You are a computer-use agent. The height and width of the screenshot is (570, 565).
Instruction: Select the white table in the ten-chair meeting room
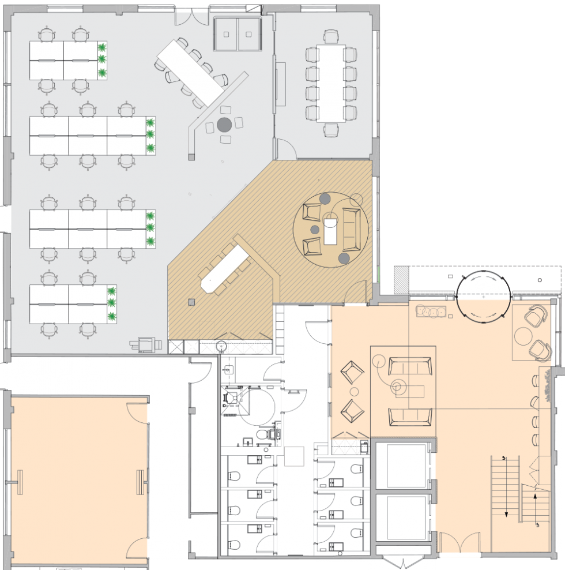click(x=330, y=82)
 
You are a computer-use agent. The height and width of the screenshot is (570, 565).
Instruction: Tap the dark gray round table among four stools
click(x=224, y=123)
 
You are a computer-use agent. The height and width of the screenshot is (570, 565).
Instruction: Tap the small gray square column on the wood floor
click(x=191, y=301)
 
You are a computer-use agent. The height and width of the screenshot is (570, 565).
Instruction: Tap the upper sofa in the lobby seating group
click(x=409, y=366)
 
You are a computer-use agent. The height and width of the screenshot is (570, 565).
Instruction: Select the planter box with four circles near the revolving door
click(x=432, y=312)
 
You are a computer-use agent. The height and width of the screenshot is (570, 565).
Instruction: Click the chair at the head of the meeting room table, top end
click(x=330, y=37)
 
